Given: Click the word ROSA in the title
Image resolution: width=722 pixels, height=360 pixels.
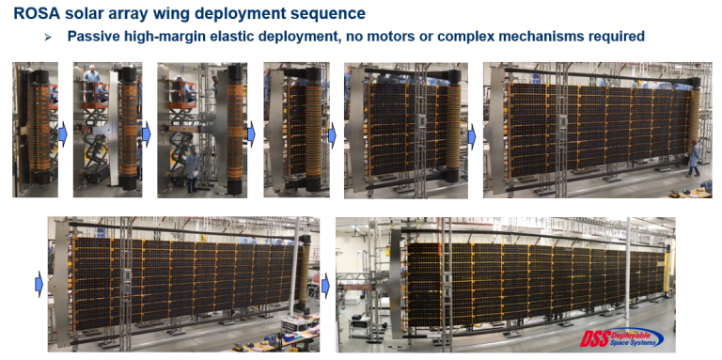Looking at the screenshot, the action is click(x=38, y=13).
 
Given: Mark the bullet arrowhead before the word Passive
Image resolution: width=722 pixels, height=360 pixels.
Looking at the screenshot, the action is click(x=47, y=38).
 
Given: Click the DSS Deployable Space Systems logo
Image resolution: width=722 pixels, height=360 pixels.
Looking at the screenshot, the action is click(x=623, y=337).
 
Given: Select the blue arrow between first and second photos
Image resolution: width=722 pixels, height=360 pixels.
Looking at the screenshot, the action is click(x=63, y=135).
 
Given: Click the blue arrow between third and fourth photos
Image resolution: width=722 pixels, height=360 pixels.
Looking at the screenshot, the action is click(x=251, y=135).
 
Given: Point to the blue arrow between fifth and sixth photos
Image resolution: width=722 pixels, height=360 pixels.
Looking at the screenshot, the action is click(x=472, y=136).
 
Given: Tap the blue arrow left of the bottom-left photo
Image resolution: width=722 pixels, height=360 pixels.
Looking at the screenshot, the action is click(x=39, y=284).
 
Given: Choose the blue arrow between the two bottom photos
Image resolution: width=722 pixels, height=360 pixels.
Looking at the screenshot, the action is click(x=325, y=284).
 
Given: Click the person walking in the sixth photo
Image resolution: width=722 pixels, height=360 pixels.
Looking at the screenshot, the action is click(x=694, y=158).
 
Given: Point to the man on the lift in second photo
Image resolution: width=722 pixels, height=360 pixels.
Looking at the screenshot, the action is click(x=92, y=78).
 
